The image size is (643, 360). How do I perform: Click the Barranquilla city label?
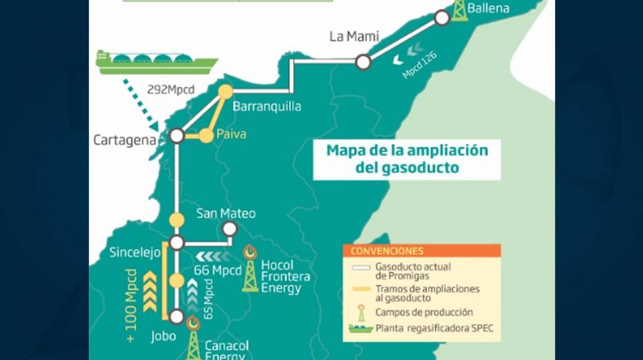(x=266, y=107)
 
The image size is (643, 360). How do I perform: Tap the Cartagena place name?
(x=124, y=140)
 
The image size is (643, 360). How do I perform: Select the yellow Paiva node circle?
(x=206, y=135)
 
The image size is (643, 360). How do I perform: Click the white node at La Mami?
(x=363, y=62)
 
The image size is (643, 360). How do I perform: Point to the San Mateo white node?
(x=230, y=228)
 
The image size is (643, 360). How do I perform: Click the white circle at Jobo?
(x=177, y=317)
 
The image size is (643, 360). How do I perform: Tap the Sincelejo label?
(x=135, y=252)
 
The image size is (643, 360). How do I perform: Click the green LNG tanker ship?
(x=157, y=62)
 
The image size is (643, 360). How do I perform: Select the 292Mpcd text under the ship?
(x=170, y=90)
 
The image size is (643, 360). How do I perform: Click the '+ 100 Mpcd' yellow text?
(x=131, y=305)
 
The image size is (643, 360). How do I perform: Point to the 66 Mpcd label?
(x=217, y=270)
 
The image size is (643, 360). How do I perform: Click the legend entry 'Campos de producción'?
(x=424, y=312)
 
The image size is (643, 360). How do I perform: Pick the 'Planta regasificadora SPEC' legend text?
(x=434, y=328)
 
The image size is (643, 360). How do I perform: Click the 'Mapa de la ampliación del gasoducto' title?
(x=407, y=159)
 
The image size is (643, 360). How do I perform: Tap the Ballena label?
(x=488, y=8)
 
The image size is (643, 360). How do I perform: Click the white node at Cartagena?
(x=177, y=136)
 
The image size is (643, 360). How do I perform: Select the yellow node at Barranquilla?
(x=226, y=92)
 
